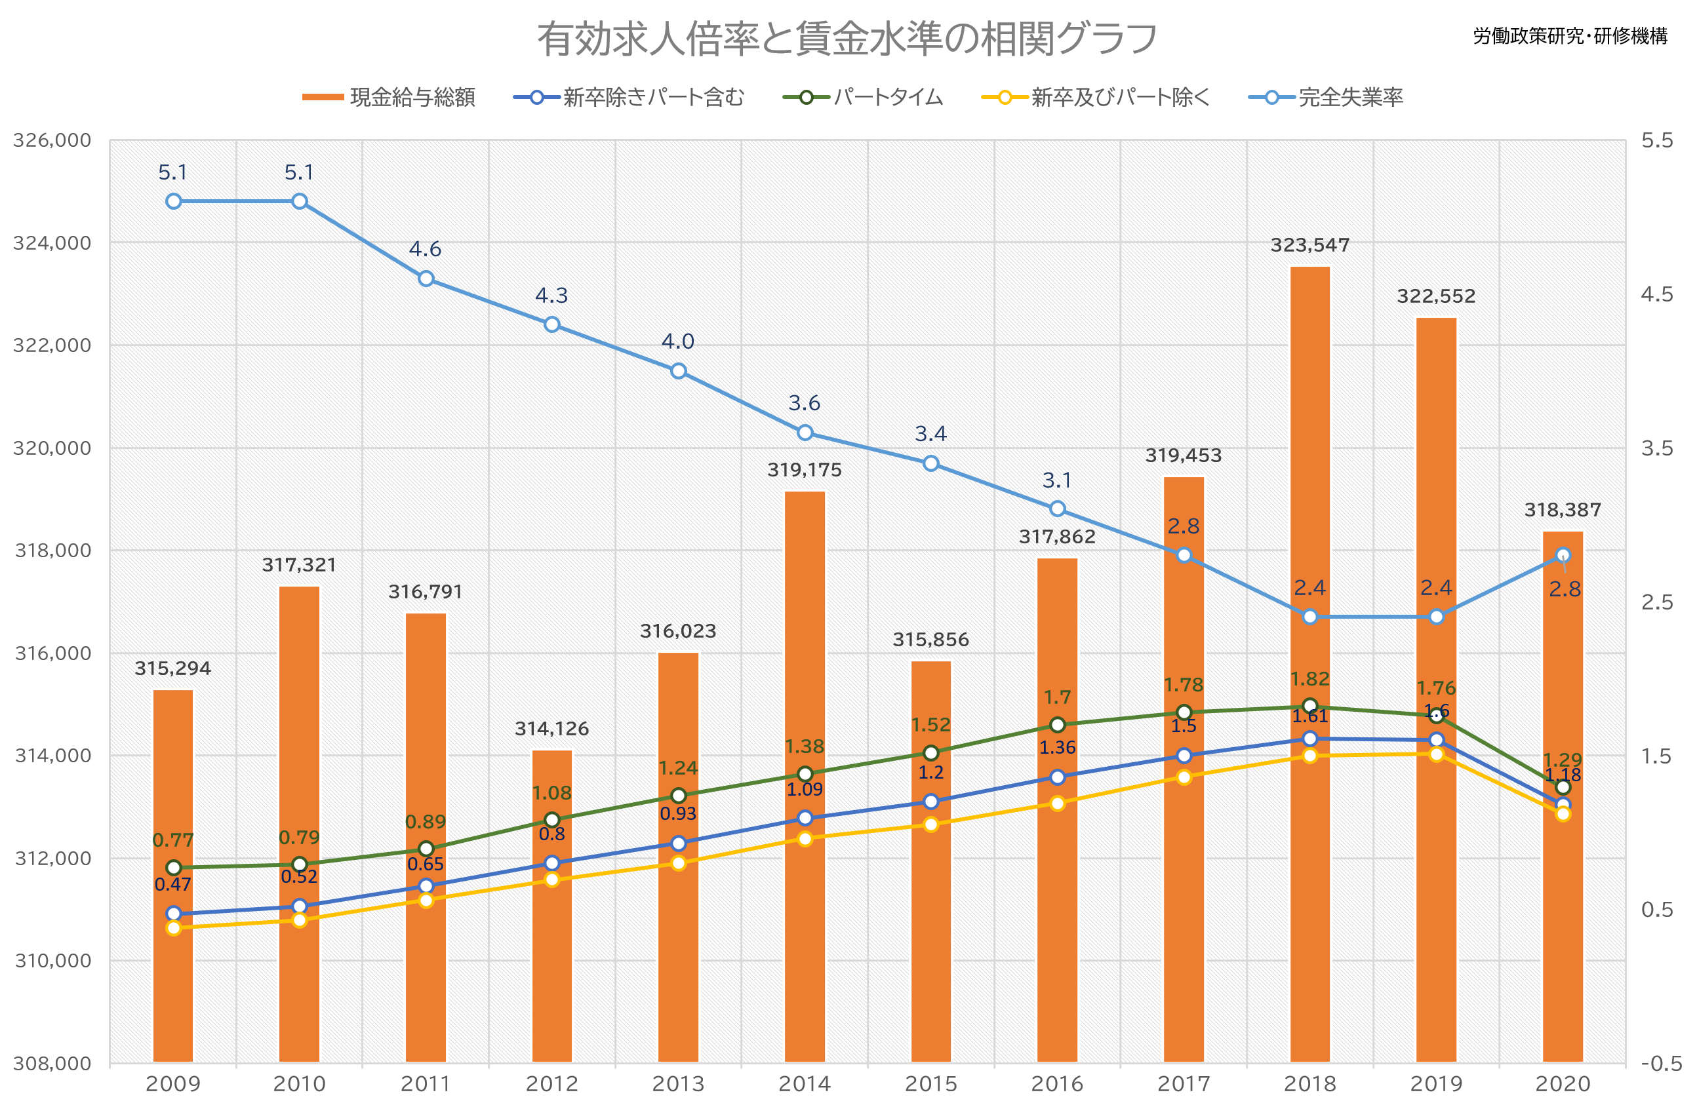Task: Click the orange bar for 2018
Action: pyautogui.click(x=1310, y=665)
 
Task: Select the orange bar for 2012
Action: pyautogui.click(x=552, y=906)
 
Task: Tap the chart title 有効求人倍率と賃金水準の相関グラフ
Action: pyautogui.click(x=847, y=39)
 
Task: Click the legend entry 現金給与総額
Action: pyautogui.click(x=389, y=97)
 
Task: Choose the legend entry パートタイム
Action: pyautogui.click(x=863, y=97)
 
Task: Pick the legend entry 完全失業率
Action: pyautogui.click(x=1327, y=97)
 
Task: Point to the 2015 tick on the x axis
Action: pyautogui.click(x=931, y=1084)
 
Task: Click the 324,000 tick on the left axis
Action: pyautogui.click(x=52, y=243)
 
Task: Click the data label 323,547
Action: pyautogui.click(x=1311, y=245)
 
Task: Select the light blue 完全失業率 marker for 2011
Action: pyautogui.click(x=426, y=279)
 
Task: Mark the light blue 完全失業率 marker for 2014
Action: pyautogui.click(x=805, y=433)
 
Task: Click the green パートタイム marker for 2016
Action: pyautogui.click(x=1058, y=725)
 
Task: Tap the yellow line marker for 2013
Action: pyautogui.click(x=678, y=863)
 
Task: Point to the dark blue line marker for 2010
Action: pyautogui.click(x=300, y=907)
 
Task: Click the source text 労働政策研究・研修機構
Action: pyautogui.click(x=1571, y=36)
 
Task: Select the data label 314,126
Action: pyautogui.click(x=552, y=729)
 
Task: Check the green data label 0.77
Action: pyautogui.click(x=173, y=840)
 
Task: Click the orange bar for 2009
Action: pyautogui.click(x=173, y=876)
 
